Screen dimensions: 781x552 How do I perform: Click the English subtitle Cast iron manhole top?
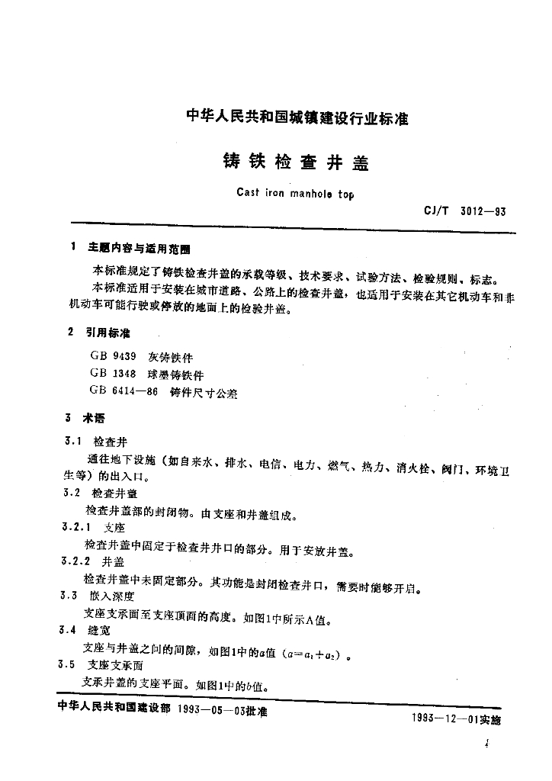pyautogui.click(x=290, y=194)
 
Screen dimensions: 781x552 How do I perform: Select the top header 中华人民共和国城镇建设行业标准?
pyautogui.click(x=297, y=118)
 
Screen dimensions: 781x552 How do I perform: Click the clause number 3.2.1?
pyautogui.click(x=77, y=527)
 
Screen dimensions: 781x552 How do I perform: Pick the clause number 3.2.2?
pyautogui.click(x=77, y=561)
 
